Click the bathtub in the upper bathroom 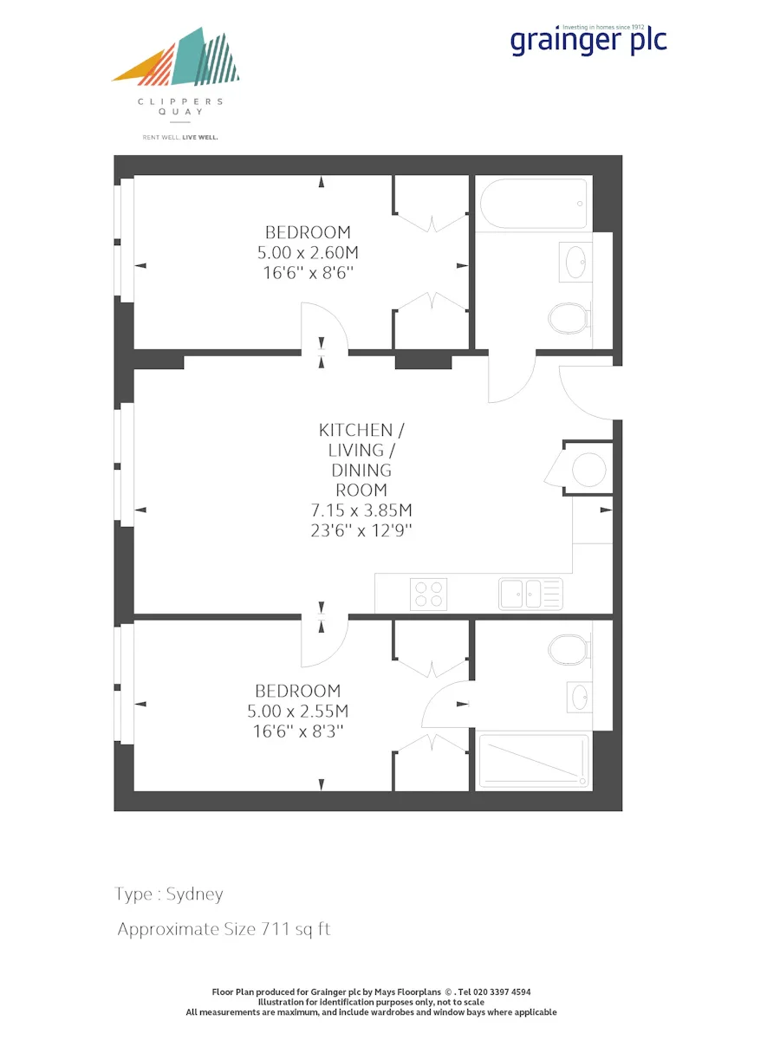534,204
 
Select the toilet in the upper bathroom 570,318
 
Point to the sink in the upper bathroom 575,262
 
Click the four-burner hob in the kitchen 429,595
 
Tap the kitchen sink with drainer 530,594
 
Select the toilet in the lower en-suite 570,650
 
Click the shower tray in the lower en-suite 534,760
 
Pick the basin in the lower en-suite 580,697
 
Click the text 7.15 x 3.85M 361,510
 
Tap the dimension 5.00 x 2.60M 308,252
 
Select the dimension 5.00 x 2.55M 298,711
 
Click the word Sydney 194,894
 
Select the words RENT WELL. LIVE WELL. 180,138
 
